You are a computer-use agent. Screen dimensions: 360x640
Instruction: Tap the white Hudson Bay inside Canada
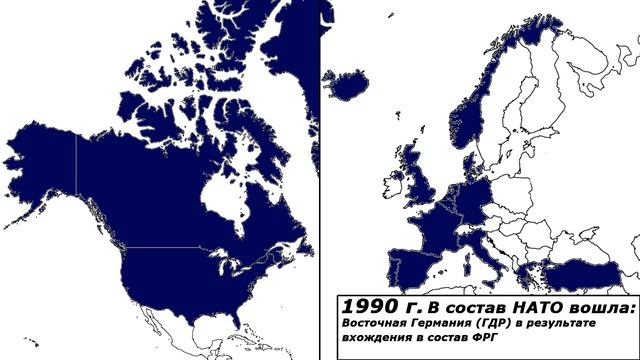pyautogui.click(x=225, y=190)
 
